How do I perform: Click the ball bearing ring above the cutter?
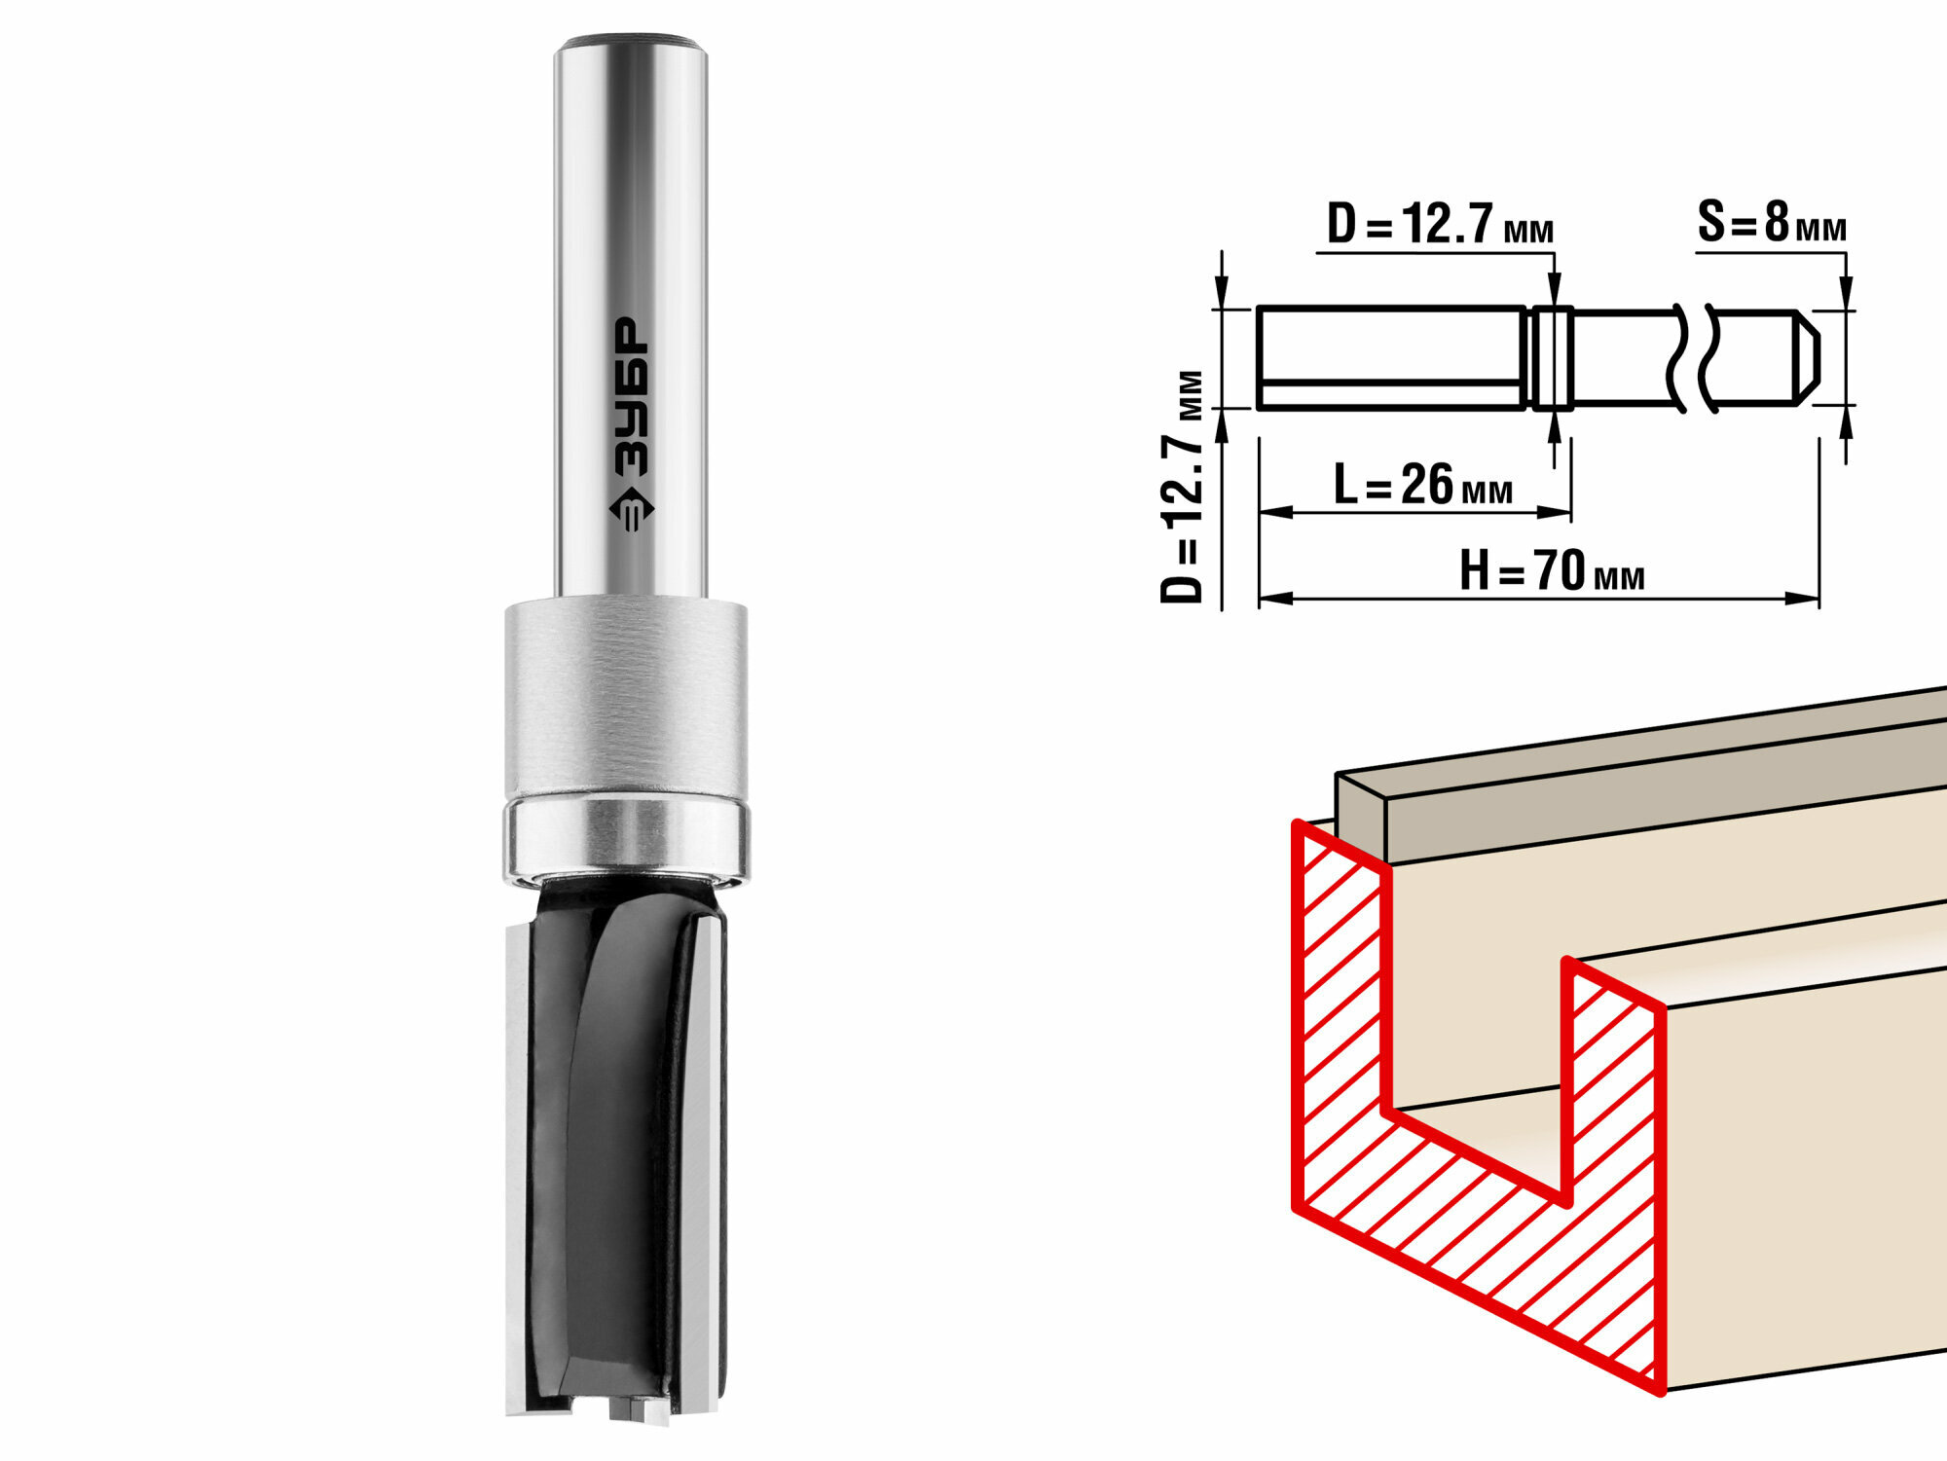[626, 837]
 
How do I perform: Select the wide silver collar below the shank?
[626, 699]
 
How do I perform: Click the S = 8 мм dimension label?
[1772, 223]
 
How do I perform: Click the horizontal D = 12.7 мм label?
[1440, 225]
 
